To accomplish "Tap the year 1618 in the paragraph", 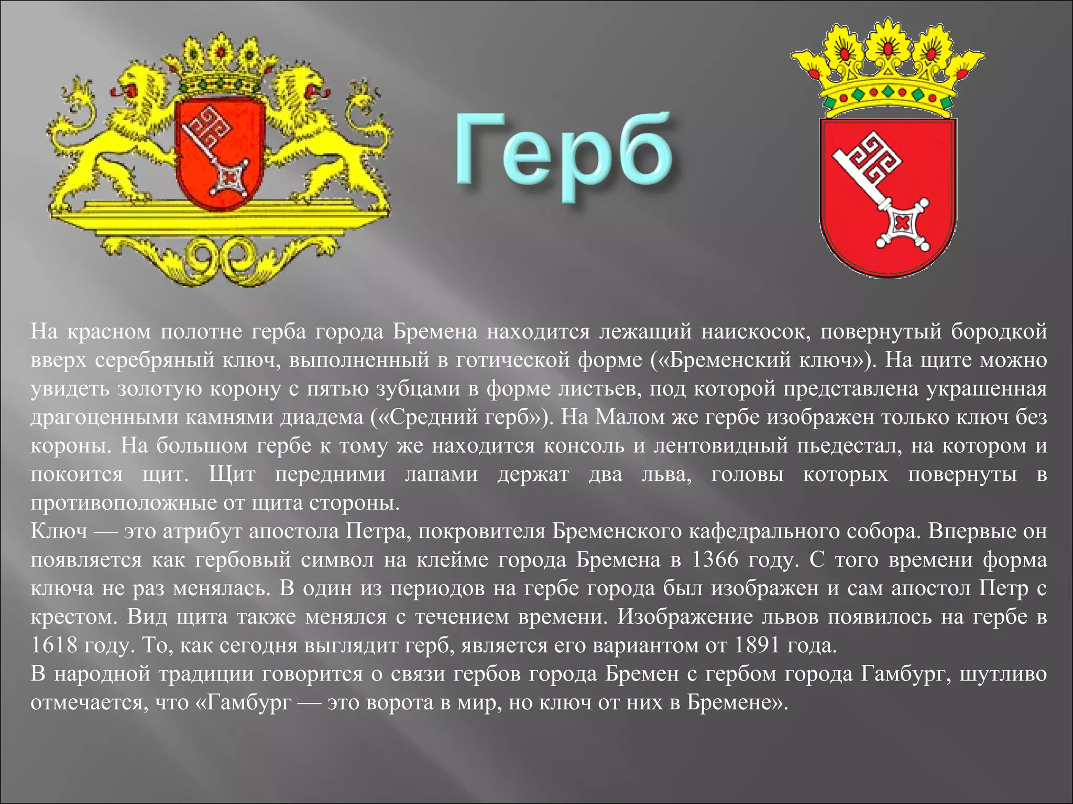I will (53, 645).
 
